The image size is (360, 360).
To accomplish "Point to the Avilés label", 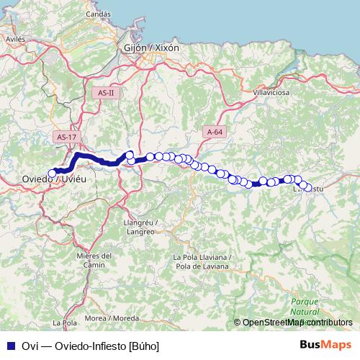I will point(15,40).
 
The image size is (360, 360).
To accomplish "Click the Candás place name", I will point(98,14).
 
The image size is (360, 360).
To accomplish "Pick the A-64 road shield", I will point(215,132).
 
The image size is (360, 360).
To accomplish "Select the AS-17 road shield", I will point(66,137).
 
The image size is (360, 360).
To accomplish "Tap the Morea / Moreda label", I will point(112,318).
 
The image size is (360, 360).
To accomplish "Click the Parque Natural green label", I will point(305,307).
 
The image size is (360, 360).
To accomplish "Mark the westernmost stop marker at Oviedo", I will point(52,173).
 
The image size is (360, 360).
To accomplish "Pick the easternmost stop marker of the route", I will point(309,188).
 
